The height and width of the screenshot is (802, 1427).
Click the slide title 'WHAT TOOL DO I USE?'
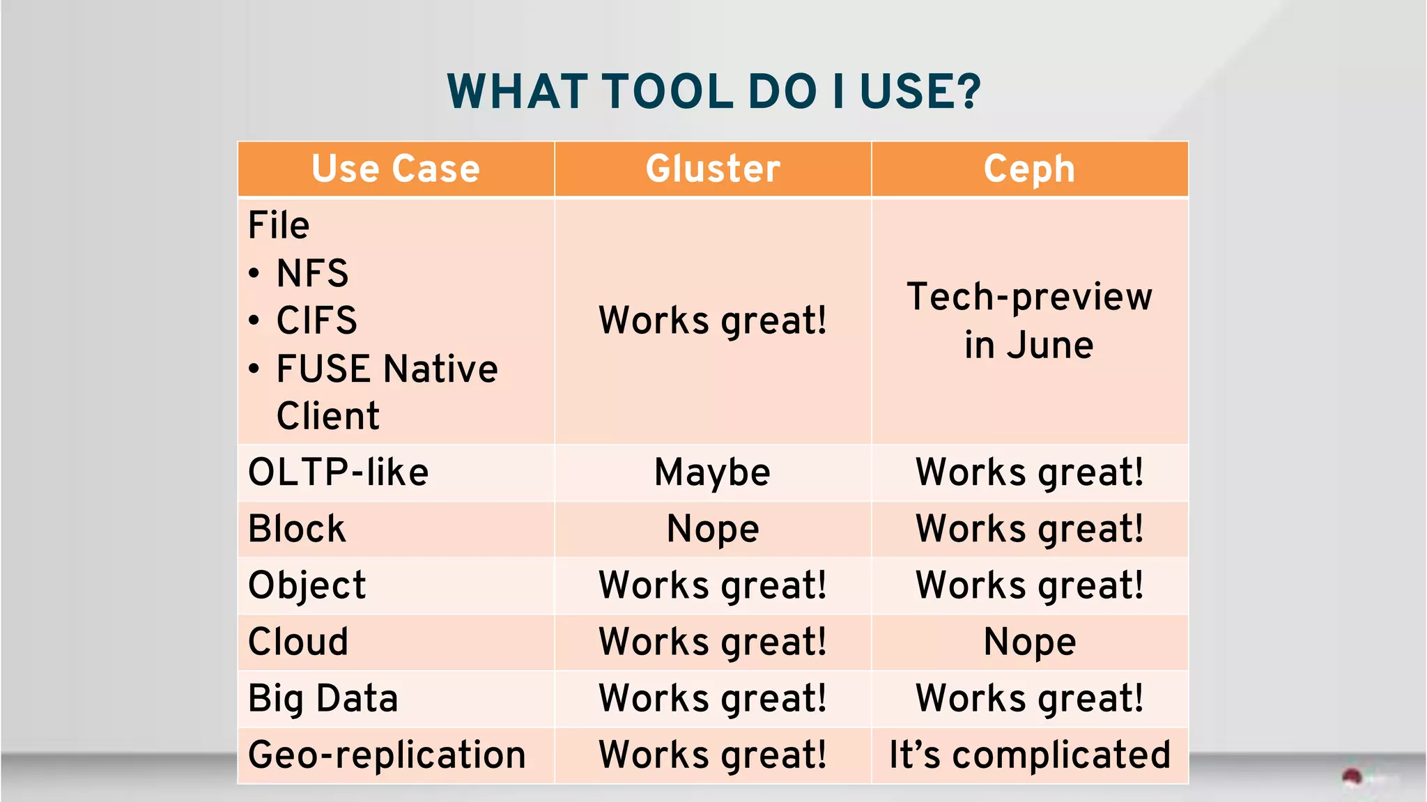[x=713, y=91]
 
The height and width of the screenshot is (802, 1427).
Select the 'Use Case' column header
[x=395, y=169]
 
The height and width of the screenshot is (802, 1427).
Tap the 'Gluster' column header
[x=713, y=169]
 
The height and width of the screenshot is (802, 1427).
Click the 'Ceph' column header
[x=1029, y=169]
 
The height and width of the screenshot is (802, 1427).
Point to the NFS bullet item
[x=312, y=272]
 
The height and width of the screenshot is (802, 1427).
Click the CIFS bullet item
[x=316, y=321]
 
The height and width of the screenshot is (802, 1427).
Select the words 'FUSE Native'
[x=387, y=369]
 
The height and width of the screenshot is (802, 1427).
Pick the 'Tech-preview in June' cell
[x=1029, y=321]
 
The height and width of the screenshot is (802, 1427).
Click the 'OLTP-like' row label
[x=338, y=472]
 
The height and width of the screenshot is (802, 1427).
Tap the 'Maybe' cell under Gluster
[x=712, y=472]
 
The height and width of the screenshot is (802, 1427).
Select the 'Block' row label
[x=297, y=529]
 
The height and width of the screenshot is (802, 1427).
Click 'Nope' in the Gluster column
[x=712, y=529]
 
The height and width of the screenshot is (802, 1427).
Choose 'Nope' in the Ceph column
[x=1029, y=642]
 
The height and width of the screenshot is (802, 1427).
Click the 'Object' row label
[x=307, y=585]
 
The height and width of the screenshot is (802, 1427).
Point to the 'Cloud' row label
[x=298, y=642]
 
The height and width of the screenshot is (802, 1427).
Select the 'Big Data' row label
[x=323, y=698]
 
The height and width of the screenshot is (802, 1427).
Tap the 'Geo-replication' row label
[x=387, y=755]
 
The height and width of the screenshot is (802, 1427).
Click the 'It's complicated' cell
[x=1029, y=755]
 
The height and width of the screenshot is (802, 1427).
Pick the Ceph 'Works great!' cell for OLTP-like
[x=1029, y=472]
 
